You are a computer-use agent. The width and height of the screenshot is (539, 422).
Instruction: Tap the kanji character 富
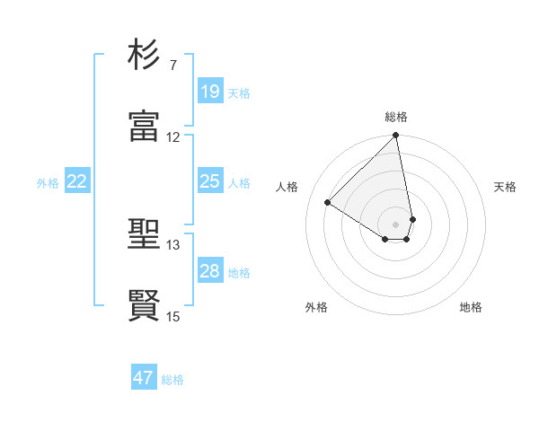click(x=145, y=125)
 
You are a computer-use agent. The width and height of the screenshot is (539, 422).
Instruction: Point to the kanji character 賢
click(x=145, y=304)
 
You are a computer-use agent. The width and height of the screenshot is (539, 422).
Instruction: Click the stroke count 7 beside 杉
click(x=172, y=66)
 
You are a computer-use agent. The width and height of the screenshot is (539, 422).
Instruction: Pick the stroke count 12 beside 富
click(x=173, y=137)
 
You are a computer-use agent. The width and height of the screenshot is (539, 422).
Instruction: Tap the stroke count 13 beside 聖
click(x=173, y=245)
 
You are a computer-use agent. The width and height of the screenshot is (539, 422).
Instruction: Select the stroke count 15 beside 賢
click(x=173, y=316)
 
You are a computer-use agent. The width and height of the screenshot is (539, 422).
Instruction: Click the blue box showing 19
click(x=210, y=92)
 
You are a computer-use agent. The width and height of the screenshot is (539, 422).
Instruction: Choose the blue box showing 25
click(x=210, y=182)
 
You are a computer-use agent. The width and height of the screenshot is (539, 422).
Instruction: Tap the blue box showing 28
click(x=210, y=272)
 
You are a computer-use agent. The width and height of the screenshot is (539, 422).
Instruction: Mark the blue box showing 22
click(x=77, y=182)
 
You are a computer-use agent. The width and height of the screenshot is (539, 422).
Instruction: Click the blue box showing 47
click(x=144, y=378)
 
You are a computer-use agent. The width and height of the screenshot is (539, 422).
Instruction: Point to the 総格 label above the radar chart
click(x=396, y=117)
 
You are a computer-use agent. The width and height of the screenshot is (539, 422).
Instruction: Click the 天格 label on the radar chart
click(x=506, y=187)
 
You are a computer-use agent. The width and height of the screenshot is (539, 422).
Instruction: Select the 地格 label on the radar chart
click(x=471, y=307)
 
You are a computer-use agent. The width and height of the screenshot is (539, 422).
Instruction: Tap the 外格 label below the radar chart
click(x=316, y=307)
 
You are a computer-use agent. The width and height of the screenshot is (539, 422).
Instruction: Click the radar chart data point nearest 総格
click(x=395, y=136)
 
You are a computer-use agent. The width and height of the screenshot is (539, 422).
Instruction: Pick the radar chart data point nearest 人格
click(x=328, y=203)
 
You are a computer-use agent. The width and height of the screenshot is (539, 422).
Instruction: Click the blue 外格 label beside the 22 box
click(x=48, y=183)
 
